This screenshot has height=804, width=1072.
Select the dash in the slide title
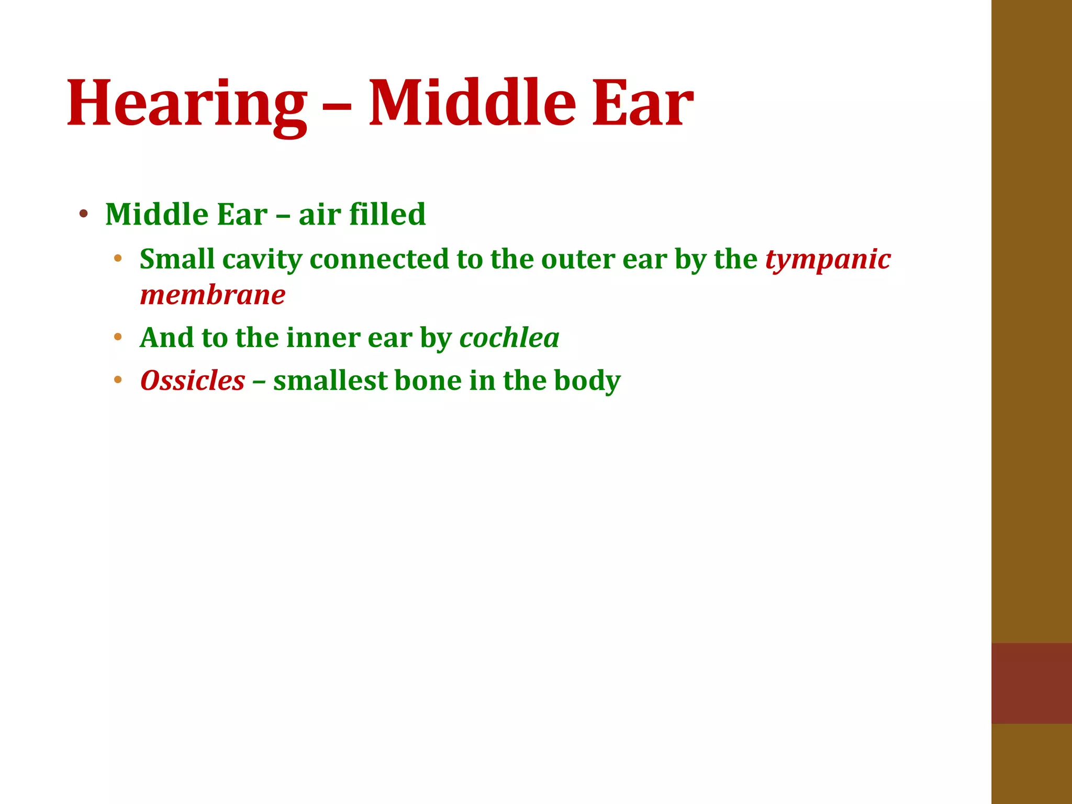pos(338,107)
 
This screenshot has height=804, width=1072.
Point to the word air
pos(319,215)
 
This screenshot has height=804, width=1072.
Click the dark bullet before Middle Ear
pos(83,214)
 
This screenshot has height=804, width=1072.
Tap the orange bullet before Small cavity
pos(118,258)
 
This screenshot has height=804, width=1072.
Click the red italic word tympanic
pos(828,260)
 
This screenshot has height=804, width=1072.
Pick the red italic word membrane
pos(213,295)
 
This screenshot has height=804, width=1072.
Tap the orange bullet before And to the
pos(118,337)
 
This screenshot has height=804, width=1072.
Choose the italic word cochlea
pos(509,338)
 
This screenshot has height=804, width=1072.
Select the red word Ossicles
pos(193,381)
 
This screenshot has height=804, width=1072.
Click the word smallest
pos(330,381)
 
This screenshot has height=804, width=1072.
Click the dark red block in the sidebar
pos(1031,683)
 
